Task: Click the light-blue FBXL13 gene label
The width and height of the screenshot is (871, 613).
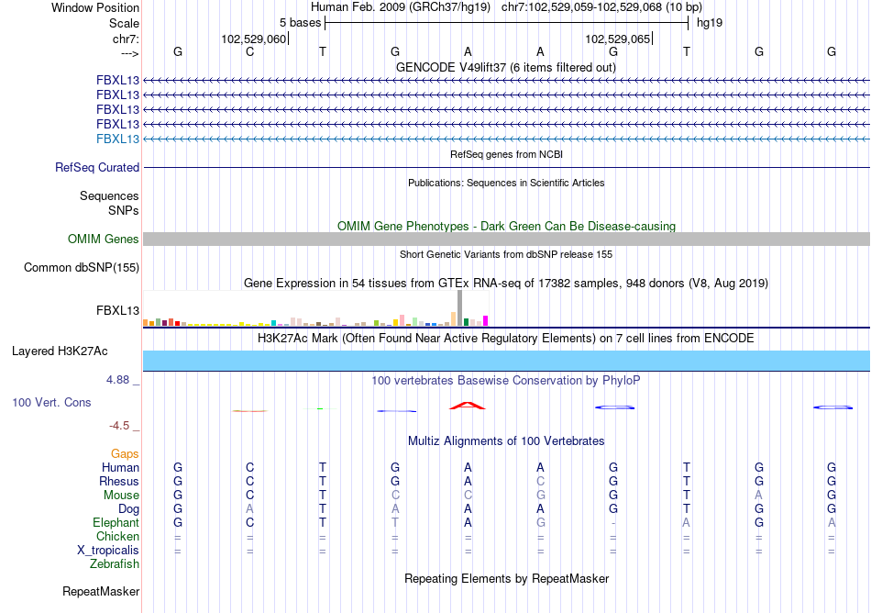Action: coord(118,139)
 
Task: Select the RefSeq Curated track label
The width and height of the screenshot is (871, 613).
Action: coord(97,167)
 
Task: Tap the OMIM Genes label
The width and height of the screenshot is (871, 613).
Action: coord(104,239)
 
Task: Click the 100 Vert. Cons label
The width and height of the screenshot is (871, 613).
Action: coord(51,402)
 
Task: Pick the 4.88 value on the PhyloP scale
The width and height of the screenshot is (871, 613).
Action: coord(119,379)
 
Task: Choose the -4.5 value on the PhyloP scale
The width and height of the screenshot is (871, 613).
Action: coord(121,425)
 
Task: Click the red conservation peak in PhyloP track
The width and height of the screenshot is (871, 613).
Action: coord(468,405)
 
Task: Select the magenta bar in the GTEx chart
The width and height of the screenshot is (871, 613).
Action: coord(486,320)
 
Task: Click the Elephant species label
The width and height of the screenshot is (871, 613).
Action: coord(115,522)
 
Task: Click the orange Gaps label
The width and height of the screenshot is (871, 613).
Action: coord(125,453)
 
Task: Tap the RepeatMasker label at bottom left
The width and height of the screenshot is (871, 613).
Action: coord(101,591)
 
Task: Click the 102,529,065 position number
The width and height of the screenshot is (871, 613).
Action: coord(617,39)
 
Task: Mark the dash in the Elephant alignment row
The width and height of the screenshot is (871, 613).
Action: coord(613,522)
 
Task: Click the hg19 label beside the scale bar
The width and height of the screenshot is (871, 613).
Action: coord(710,22)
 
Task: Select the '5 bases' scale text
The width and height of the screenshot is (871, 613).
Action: coord(301,22)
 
